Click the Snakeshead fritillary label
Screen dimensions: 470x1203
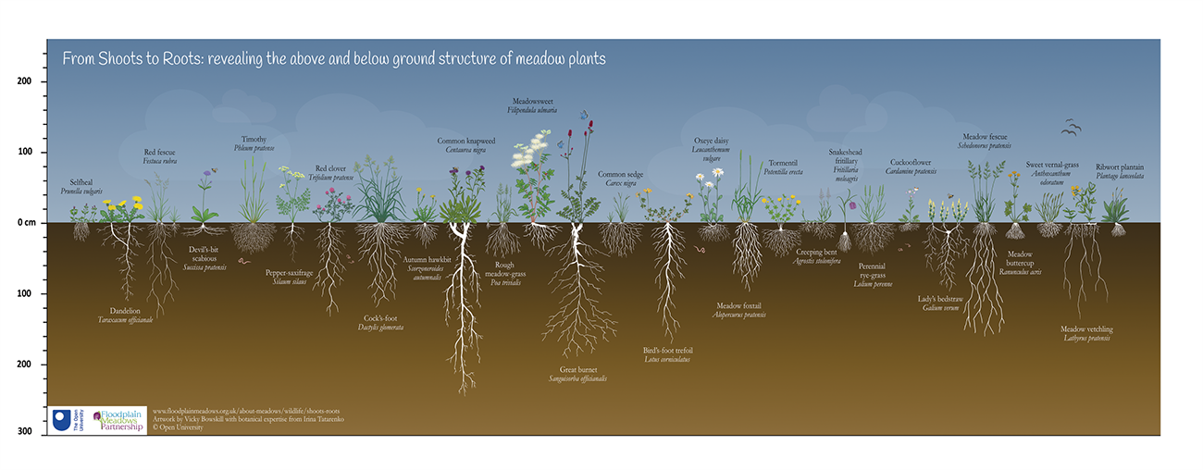point(846,159)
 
